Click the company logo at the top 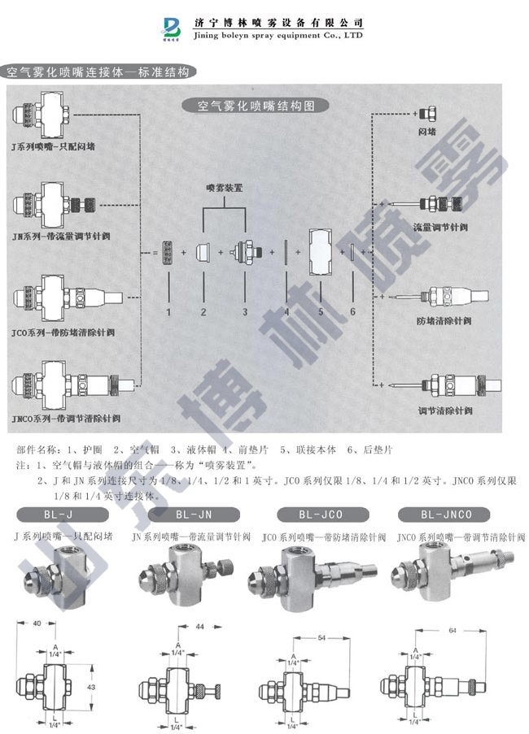(175, 27)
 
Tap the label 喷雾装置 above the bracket (225, 187)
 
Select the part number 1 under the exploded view (168, 311)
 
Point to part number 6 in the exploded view (352, 311)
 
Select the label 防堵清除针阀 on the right (444, 320)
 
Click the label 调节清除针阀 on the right (444, 408)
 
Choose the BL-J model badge (62, 515)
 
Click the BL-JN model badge (194, 515)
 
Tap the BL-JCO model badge (321, 515)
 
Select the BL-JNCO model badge (447, 515)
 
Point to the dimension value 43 (91, 688)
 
